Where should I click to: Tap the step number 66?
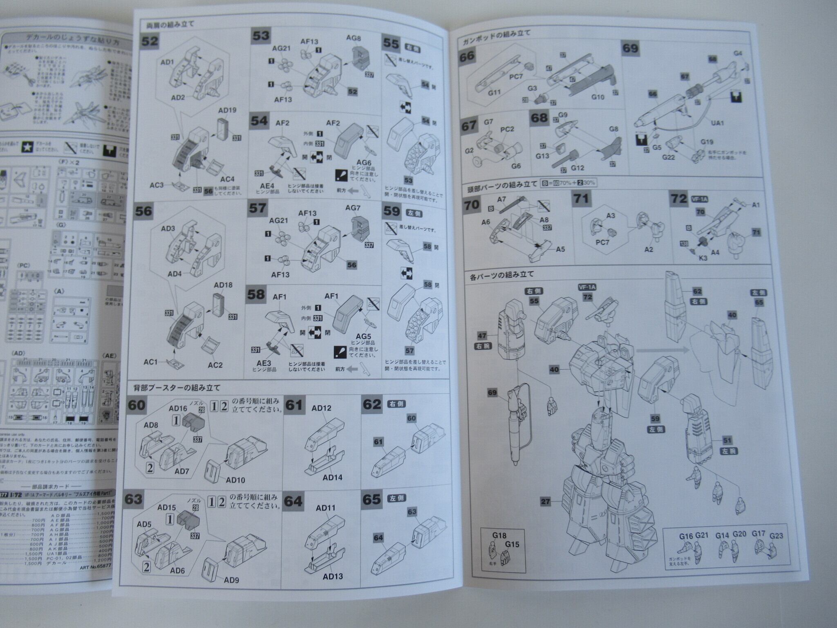click(467, 56)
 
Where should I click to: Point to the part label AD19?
click(227, 110)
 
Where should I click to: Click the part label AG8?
click(354, 38)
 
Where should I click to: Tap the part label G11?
click(494, 92)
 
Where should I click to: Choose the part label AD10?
click(235, 480)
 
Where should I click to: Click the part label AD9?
click(231, 580)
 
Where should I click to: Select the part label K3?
click(703, 258)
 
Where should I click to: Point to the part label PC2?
click(507, 129)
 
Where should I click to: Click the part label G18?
click(499, 535)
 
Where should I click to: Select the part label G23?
click(776, 536)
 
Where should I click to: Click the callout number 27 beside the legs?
click(545, 502)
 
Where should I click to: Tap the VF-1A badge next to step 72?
click(699, 199)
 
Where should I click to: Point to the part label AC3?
click(157, 185)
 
